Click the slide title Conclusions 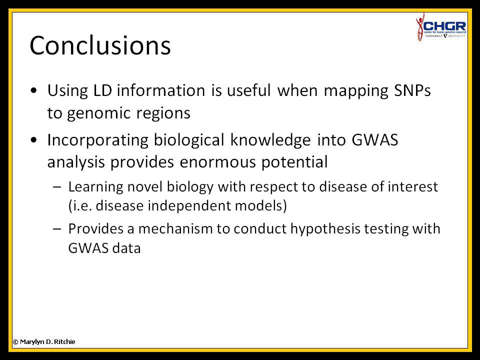point(100,45)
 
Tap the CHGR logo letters point(444,26)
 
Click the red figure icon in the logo point(419,27)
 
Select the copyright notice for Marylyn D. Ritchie point(44,341)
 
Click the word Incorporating point(97,140)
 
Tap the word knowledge point(270,140)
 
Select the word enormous point(217,162)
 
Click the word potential point(294,162)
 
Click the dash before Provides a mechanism point(57,228)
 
